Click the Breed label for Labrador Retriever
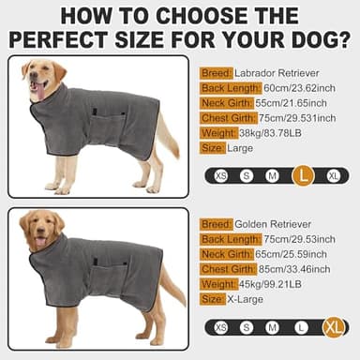pyautogui.click(x=217, y=72)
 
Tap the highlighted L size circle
pyautogui.click(x=302, y=174)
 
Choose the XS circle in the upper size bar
pyautogui.click(x=221, y=175)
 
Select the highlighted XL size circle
pyautogui.click(x=333, y=327)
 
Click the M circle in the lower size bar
pyautogui.click(x=272, y=327)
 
